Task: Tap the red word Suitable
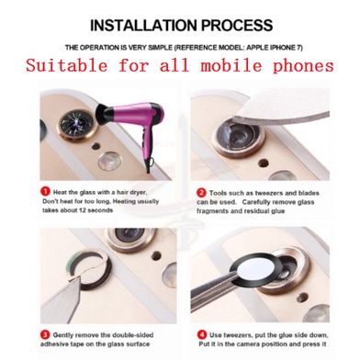pyautogui.click(x=67, y=66)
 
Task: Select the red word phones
pyautogui.click(x=303, y=66)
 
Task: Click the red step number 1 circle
pyautogui.click(x=45, y=192)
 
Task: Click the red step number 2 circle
pyautogui.click(x=201, y=193)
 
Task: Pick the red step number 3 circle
pyautogui.click(x=45, y=334)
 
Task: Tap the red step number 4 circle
pyautogui.click(x=201, y=334)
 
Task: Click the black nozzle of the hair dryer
pyautogui.click(x=103, y=113)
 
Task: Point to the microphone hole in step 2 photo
pyautogui.click(x=264, y=163)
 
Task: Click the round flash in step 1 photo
pyautogui.click(x=109, y=161)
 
